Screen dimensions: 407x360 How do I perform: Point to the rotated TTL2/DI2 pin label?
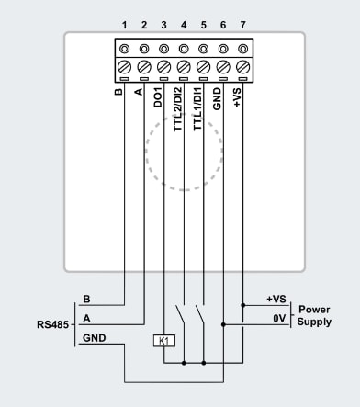[x=183, y=107]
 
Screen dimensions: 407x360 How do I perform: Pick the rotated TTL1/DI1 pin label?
[x=203, y=107]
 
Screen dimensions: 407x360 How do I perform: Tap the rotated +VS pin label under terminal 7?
[x=242, y=96]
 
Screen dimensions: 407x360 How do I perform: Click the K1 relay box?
[x=163, y=341]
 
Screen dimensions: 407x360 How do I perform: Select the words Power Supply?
[x=314, y=316]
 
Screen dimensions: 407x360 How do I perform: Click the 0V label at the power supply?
[x=276, y=316]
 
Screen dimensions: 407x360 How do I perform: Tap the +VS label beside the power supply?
[x=276, y=299]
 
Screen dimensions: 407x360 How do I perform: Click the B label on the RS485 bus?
[x=87, y=299]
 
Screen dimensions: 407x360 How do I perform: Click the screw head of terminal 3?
[x=163, y=66]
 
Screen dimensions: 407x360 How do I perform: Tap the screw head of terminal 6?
[x=222, y=66]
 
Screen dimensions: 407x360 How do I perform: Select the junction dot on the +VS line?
[x=242, y=304]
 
